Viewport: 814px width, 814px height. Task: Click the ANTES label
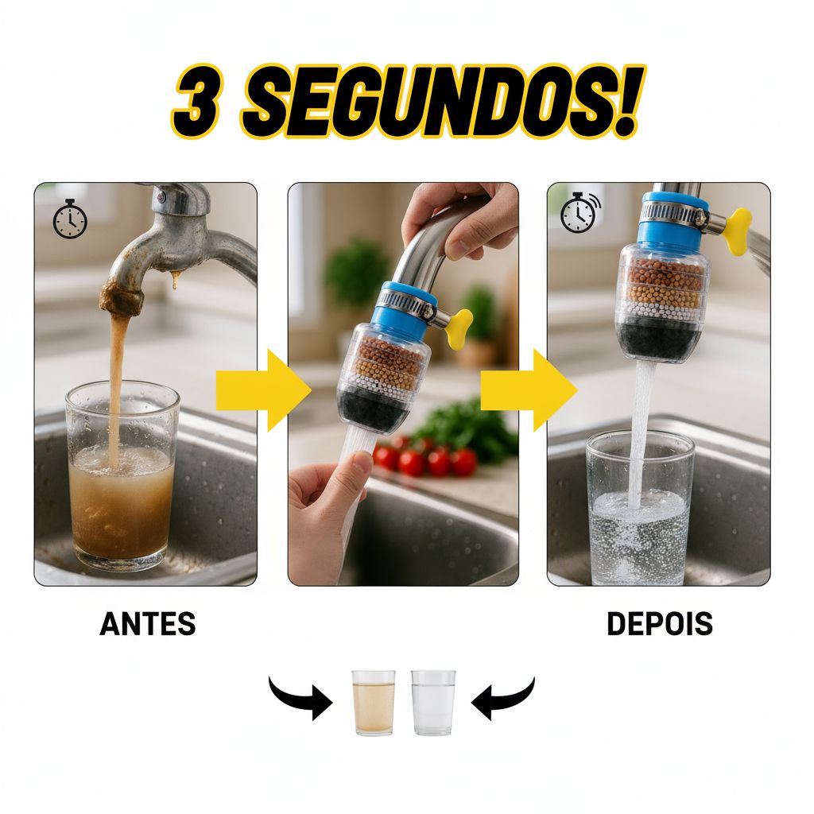tap(147, 623)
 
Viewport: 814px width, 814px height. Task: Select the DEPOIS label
tap(659, 623)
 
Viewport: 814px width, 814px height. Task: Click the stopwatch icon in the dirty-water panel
tap(70, 219)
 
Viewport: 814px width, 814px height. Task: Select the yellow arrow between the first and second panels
tap(264, 390)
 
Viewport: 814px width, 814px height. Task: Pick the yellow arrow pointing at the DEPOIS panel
tap(529, 390)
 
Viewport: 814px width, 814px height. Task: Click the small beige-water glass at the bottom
tap(374, 703)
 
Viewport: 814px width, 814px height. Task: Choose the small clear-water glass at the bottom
tap(433, 703)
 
